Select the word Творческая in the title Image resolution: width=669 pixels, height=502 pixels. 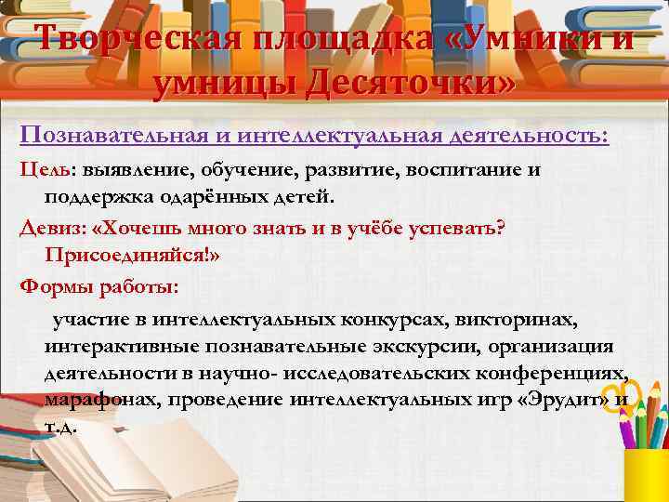(x=127, y=41)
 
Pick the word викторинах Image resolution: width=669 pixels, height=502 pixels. (x=525, y=321)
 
